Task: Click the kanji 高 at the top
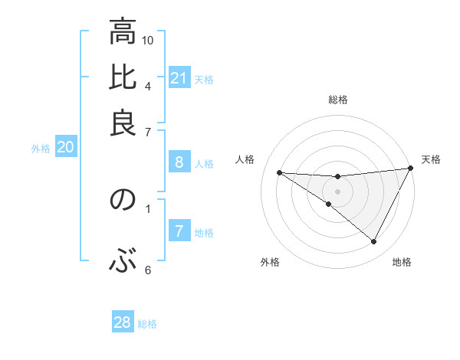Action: [123, 34]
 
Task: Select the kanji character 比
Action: [123, 78]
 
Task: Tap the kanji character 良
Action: [123, 123]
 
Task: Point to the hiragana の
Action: [123, 201]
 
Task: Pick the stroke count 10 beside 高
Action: [149, 40]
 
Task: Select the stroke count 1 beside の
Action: [148, 207]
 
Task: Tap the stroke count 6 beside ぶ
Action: [148, 269]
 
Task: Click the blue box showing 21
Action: [179, 78]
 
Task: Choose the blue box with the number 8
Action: [179, 162]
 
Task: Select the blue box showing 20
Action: [65, 148]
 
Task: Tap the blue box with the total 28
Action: [123, 322]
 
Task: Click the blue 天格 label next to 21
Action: [204, 79]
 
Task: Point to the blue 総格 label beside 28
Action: [147, 324]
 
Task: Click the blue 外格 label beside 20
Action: [41, 149]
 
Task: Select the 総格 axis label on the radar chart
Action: [338, 100]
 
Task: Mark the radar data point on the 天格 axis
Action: [410, 169]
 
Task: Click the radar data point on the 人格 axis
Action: [280, 172]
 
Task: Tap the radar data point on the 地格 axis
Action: [374, 242]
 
